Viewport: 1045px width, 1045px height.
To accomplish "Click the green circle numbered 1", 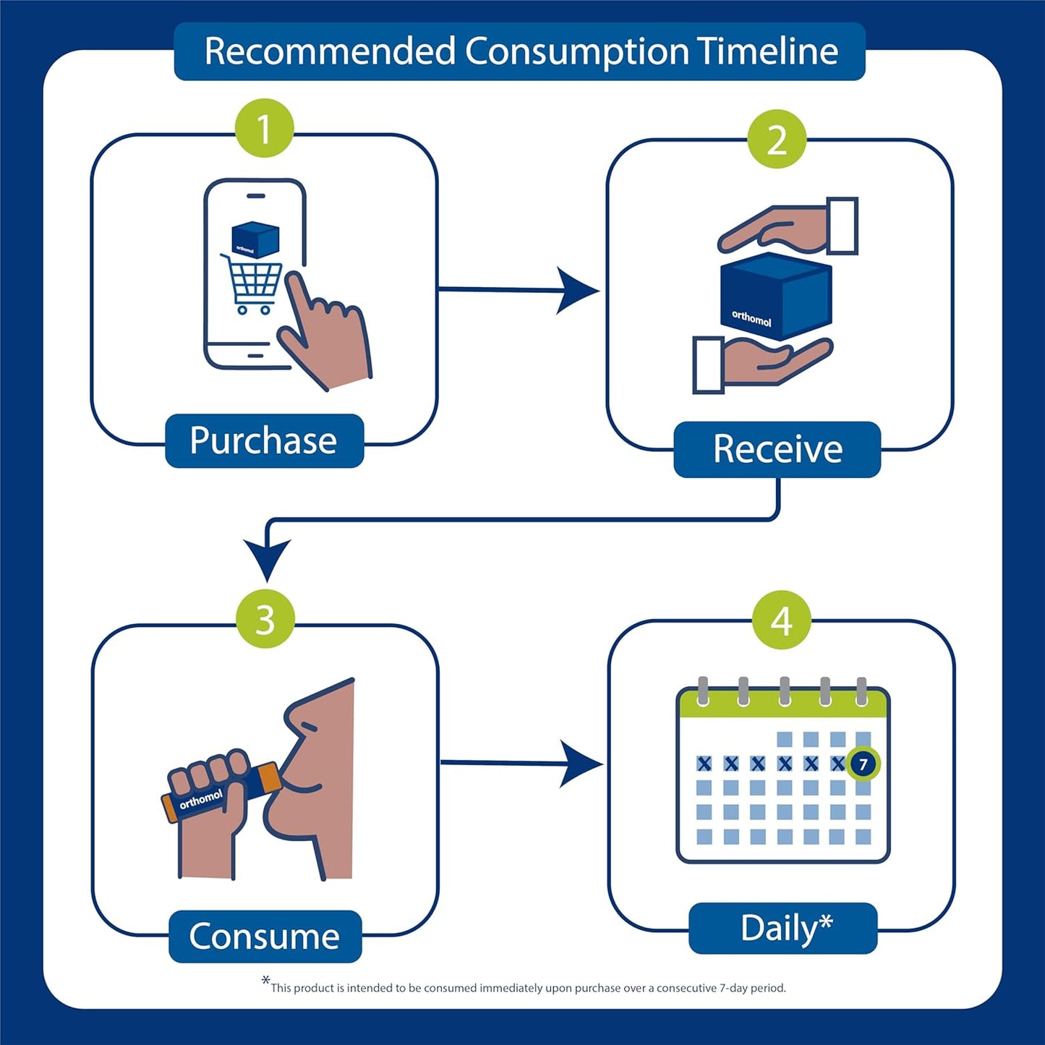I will point(265,129).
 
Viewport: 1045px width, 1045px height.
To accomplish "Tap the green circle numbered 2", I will point(777,140).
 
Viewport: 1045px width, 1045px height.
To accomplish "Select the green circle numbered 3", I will point(265,619).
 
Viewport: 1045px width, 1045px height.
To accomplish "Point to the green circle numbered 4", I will point(781,620).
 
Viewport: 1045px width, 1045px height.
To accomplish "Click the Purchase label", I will point(264,441).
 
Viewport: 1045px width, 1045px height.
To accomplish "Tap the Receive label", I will point(777,449).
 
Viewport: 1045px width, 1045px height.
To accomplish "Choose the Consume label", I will point(265,937).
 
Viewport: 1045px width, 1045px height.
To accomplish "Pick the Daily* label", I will point(784,929).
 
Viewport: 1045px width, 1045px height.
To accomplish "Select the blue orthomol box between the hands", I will point(777,297).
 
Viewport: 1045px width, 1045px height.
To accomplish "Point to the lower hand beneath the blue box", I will point(767,361).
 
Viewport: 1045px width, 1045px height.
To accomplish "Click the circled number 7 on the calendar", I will point(863,764).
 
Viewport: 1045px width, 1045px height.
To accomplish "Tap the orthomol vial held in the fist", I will point(217,793).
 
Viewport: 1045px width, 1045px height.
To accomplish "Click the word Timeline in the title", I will point(767,52).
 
